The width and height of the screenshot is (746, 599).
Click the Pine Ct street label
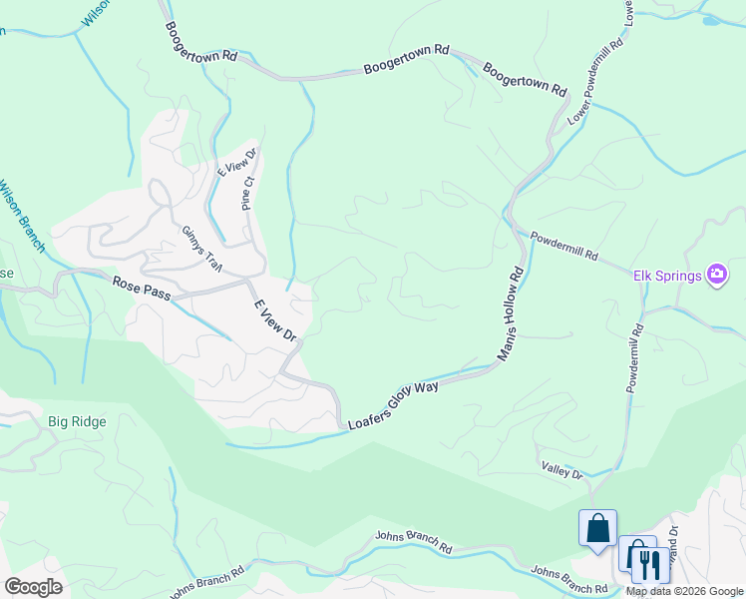249,193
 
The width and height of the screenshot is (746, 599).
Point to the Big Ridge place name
77,421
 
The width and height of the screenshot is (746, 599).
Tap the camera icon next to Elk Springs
716,274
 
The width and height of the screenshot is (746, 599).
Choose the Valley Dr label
562,470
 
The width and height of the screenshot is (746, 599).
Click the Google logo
33,586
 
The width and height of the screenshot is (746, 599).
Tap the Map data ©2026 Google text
685,591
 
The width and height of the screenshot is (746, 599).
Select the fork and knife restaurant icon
649,564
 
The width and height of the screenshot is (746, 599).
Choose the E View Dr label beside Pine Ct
237,162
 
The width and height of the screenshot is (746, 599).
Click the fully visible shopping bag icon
597,527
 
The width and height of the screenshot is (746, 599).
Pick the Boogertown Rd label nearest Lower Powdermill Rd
525,78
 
